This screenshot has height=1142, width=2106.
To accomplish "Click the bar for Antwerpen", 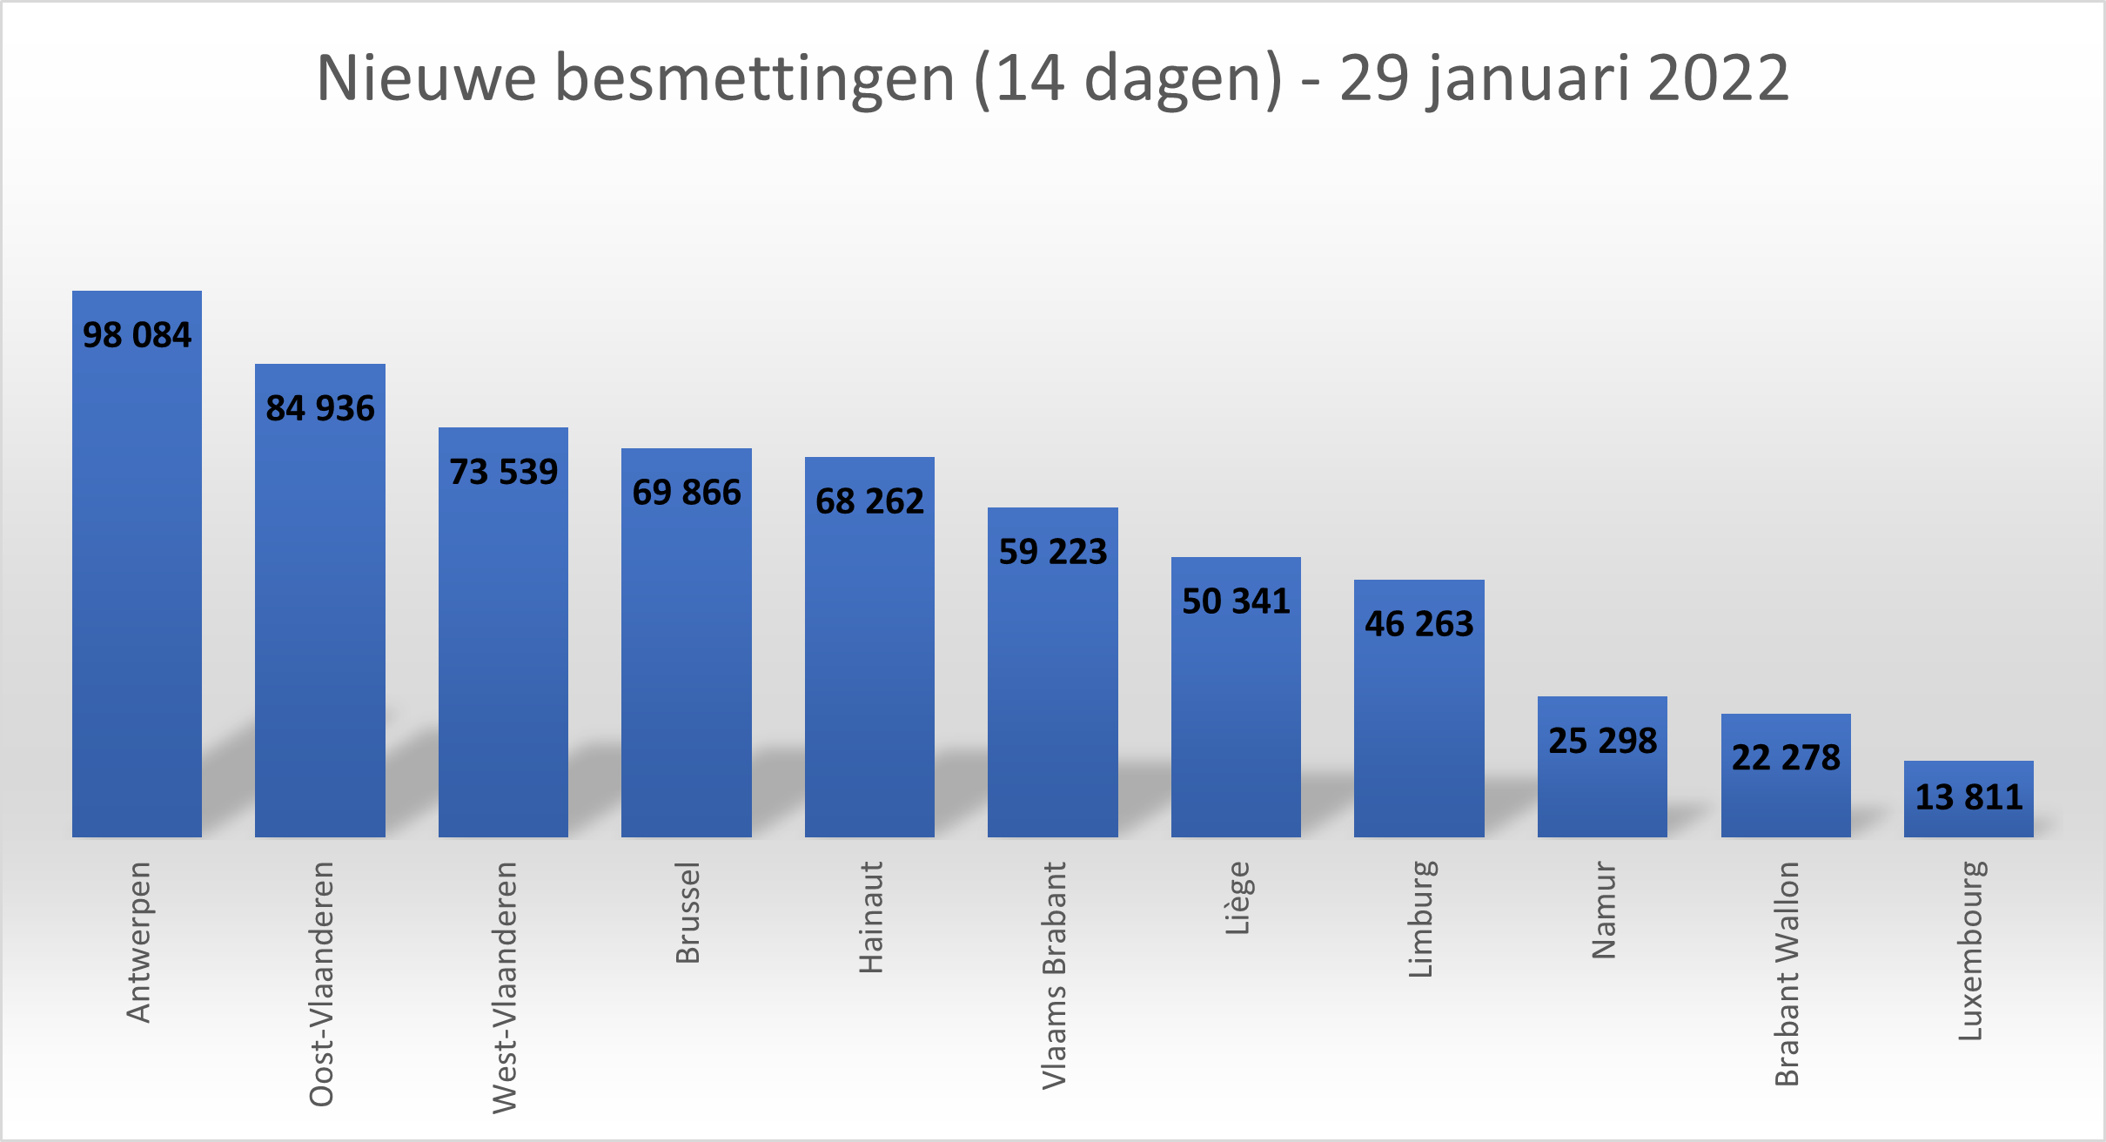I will (x=137, y=592).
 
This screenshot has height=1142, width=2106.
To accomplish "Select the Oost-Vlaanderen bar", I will (x=320, y=627).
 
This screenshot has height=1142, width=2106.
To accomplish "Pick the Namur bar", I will (x=1602, y=792).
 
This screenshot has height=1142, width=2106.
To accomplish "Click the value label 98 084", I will (x=137, y=335).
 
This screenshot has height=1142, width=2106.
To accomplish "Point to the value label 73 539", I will (x=503, y=472).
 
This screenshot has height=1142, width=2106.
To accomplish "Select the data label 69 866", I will (x=687, y=493).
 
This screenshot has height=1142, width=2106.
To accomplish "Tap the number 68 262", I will (x=869, y=501).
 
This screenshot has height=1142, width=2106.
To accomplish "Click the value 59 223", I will (x=1053, y=552).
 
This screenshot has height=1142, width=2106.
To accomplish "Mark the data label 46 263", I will (x=1419, y=624).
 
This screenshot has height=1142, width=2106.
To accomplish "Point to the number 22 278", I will (x=1786, y=757).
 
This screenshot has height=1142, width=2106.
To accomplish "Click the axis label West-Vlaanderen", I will (x=505, y=987).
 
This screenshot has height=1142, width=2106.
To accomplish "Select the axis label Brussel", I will (x=687, y=912).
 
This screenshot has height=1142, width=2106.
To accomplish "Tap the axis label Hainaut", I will (x=870, y=917).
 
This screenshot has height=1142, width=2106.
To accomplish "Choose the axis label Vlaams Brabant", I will (x=1054, y=975).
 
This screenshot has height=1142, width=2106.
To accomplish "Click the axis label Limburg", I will (x=1420, y=918).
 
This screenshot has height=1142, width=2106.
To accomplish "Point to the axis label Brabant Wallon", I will (x=1787, y=973).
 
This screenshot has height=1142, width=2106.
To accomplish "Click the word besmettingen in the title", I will (x=755, y=78).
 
